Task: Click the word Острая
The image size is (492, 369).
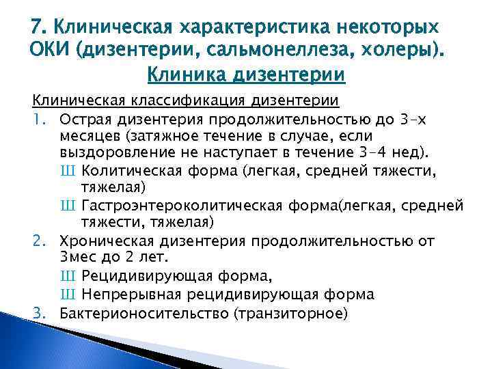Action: pos(86,120)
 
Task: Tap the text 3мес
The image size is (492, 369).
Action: pos(81,258)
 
